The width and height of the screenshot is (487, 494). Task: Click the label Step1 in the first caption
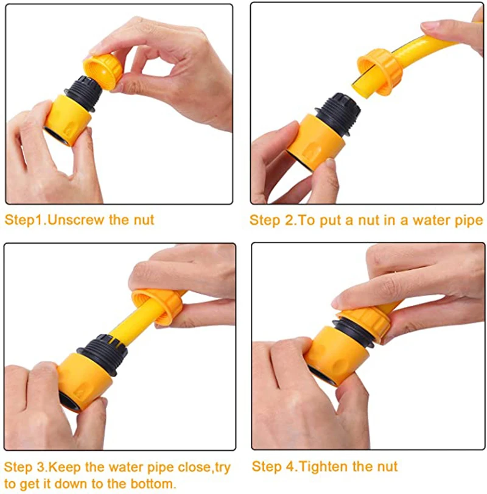tap(24, 220)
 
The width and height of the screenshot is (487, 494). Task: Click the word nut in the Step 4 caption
tap(386, 467)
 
